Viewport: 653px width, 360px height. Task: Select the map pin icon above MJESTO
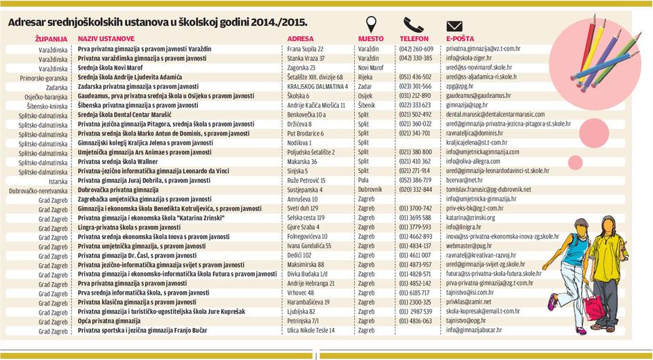click(371, 25)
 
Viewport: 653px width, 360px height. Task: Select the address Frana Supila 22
click(306, 49)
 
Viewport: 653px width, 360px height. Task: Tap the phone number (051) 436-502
click(415, 77)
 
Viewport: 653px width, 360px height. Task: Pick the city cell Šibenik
click(368, 105)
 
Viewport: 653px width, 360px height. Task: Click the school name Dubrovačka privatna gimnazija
click(118, 190)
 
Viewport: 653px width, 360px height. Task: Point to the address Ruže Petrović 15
click(306, 180)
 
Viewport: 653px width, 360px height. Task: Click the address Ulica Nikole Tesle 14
click(311, 331)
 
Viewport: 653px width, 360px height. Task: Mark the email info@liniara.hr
click(463, 227)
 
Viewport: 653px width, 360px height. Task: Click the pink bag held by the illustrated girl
click(592, 306)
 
